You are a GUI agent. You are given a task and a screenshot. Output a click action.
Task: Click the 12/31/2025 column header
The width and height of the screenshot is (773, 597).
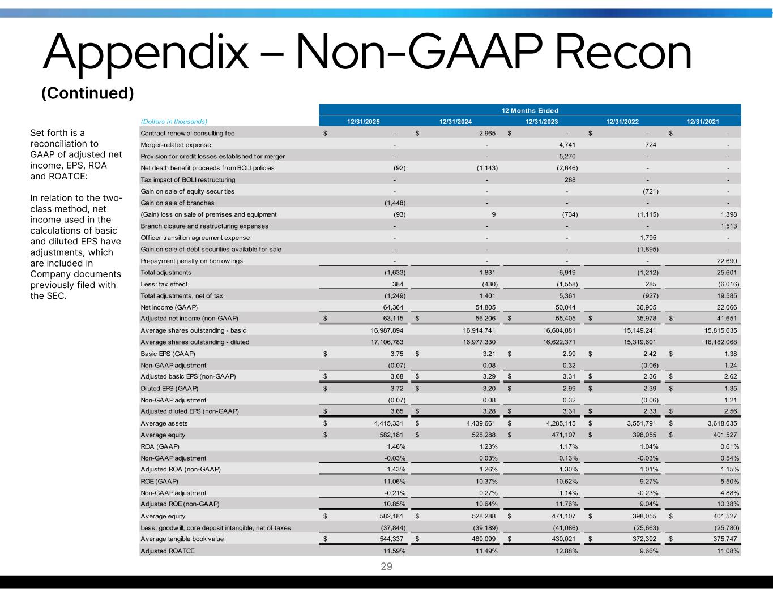[364, 121]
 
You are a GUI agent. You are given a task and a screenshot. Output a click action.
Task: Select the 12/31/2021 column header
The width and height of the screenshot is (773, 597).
[703, 121]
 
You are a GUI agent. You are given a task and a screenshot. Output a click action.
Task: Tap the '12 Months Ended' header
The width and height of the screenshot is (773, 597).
[529, 110]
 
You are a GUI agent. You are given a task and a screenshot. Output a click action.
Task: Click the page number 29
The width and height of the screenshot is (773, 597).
[386, 566]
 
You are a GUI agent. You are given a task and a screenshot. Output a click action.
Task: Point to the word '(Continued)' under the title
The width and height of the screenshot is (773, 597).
[88, 93]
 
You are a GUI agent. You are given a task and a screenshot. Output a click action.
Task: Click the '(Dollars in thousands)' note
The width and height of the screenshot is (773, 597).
[174, 121]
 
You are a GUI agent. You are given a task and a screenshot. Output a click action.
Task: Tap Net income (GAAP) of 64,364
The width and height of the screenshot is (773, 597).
[392, 307]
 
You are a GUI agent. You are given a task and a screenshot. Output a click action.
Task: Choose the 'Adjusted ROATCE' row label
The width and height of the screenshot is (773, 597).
[167, 551]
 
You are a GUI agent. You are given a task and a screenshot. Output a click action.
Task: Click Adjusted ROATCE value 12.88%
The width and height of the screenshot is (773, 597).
[566, 551]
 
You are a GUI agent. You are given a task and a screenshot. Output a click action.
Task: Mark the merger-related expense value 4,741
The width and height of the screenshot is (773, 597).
[566, 145]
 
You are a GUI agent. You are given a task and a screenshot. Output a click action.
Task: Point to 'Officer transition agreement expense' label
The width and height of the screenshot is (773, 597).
[195, 238]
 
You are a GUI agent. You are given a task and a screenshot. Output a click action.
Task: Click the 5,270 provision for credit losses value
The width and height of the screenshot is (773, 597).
[566, 156]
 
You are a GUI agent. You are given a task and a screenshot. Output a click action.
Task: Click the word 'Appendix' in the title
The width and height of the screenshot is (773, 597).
[144, 54]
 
